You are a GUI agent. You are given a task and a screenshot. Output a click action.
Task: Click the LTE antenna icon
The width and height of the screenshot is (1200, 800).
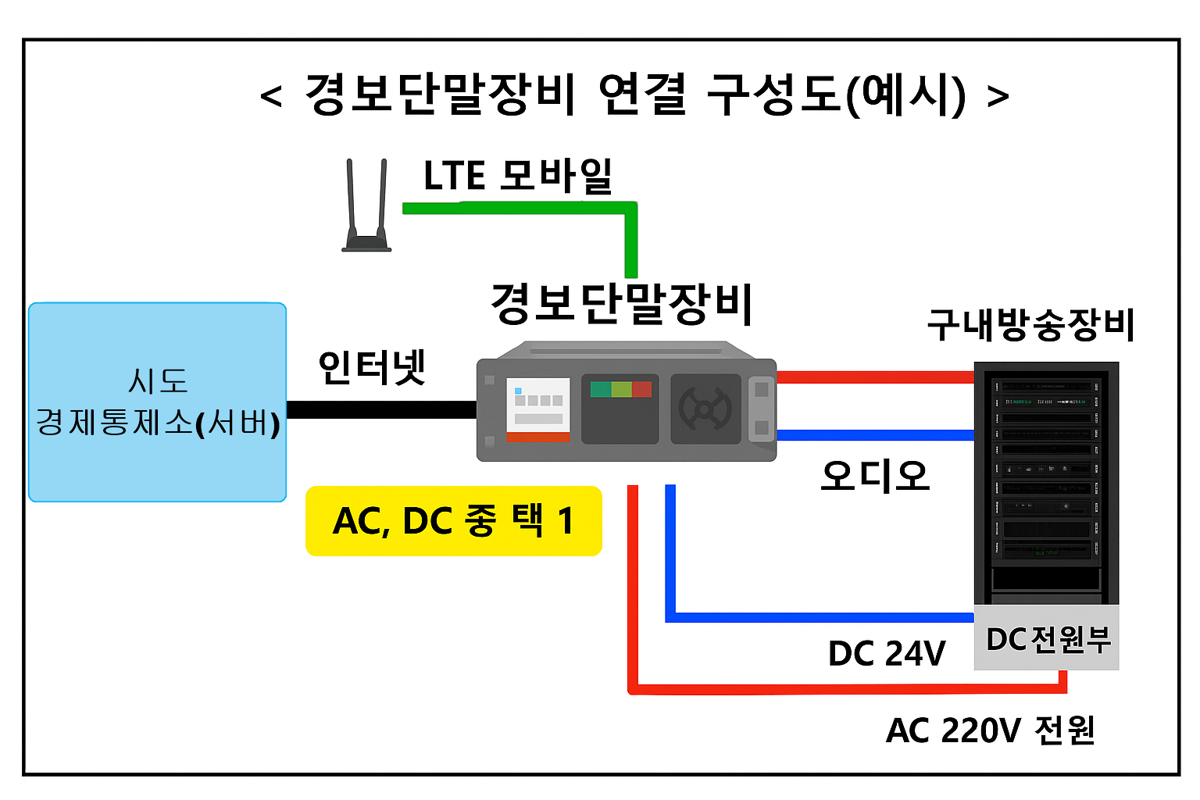click(366, 205)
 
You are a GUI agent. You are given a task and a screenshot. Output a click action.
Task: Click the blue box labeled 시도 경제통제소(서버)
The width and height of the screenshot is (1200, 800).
click(158, 402)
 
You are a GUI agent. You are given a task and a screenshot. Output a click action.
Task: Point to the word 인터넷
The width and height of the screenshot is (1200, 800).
click(372, 367)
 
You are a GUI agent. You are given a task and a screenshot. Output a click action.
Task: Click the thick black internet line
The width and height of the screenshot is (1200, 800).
click(381, 410)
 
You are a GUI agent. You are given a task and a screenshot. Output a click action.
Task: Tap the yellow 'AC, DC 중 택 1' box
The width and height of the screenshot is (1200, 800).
click(454, 521)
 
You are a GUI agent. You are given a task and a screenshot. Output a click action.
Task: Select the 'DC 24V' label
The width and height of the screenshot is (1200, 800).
click(887, 653)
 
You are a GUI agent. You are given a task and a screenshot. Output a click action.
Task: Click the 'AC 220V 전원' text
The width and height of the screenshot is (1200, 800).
click(991, 730)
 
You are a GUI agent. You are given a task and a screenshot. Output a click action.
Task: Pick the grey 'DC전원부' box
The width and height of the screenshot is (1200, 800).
click(1046, 637)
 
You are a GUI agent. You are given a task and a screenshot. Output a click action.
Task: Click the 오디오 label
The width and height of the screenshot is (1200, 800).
click(875, 476)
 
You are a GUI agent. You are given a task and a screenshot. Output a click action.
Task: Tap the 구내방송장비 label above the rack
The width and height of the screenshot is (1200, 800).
click(1030, 325)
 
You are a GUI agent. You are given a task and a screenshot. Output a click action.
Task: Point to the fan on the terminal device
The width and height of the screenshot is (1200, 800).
click(705, 409)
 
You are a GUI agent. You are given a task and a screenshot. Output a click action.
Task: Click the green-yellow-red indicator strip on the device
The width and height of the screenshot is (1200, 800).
click(620, 389)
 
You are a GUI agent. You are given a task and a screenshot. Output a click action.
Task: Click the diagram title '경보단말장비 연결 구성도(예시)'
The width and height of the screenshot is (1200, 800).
click(635, 95)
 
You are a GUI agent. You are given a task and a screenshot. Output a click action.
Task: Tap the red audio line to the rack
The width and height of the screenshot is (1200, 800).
click(875, 377)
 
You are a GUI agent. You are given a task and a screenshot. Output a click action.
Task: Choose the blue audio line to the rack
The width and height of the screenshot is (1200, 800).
click(875, 435)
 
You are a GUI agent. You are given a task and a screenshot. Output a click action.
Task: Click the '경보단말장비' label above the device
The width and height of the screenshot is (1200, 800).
click(621, 304)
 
